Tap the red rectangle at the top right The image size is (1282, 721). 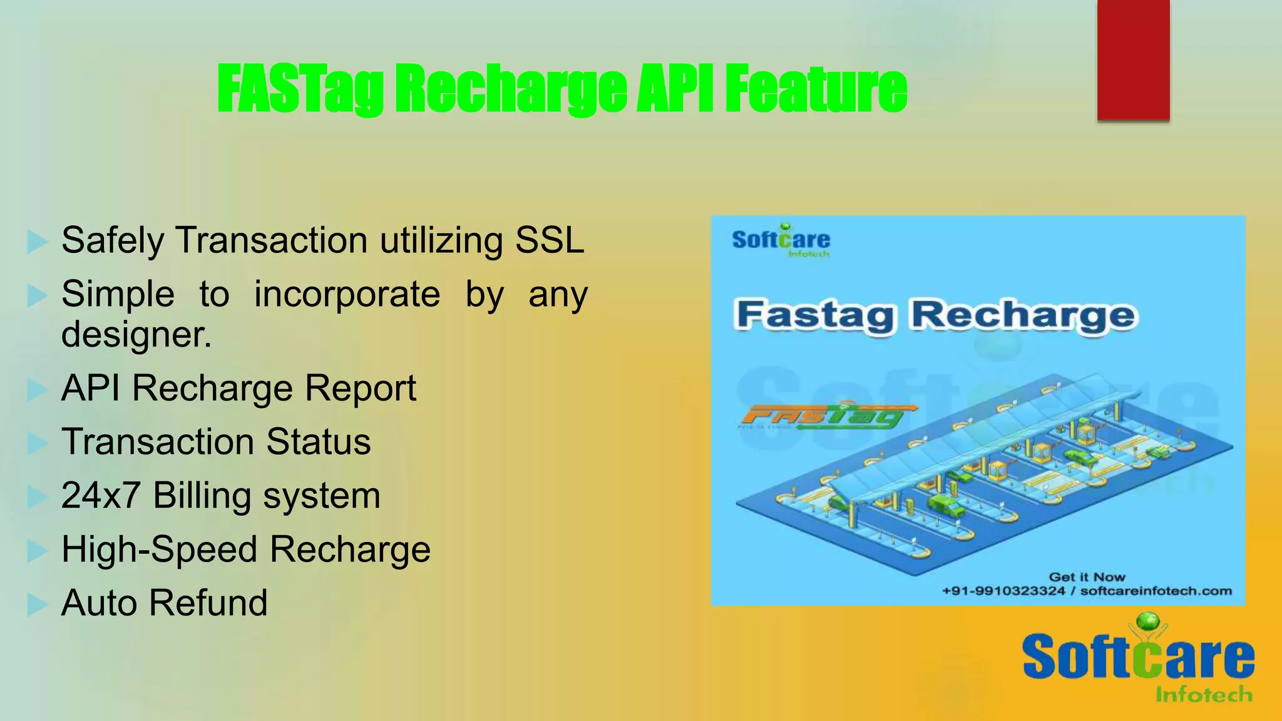click(1133, 59)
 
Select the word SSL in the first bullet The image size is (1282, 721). click(549, 240)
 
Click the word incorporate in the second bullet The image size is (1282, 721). click(347, 294)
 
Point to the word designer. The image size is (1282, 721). click(136, 334)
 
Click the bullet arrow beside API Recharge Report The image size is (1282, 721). click(37, 389)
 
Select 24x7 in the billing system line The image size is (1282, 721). click(100, 496)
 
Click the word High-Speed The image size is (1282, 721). click(159, 550)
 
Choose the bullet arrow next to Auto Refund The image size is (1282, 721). click(37, 605)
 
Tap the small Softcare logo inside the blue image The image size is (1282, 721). click(781, 240)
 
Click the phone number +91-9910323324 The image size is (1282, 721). click(1003, 591)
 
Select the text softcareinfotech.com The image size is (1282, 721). click(1156, 591)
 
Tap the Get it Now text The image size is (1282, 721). click(1087, 577)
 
